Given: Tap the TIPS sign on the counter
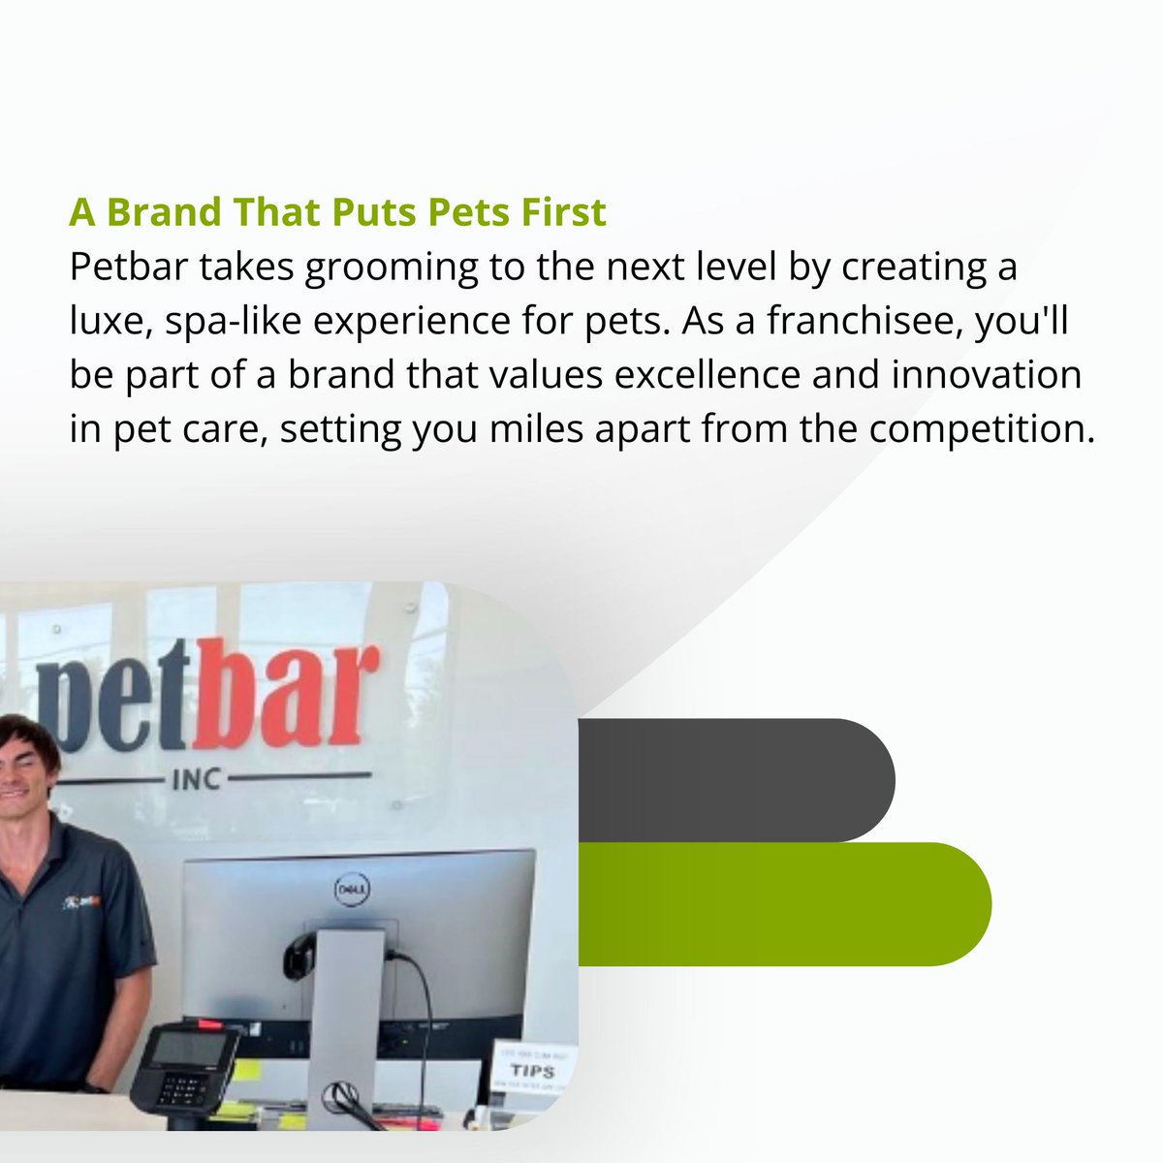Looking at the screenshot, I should (x=532, y=1071).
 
